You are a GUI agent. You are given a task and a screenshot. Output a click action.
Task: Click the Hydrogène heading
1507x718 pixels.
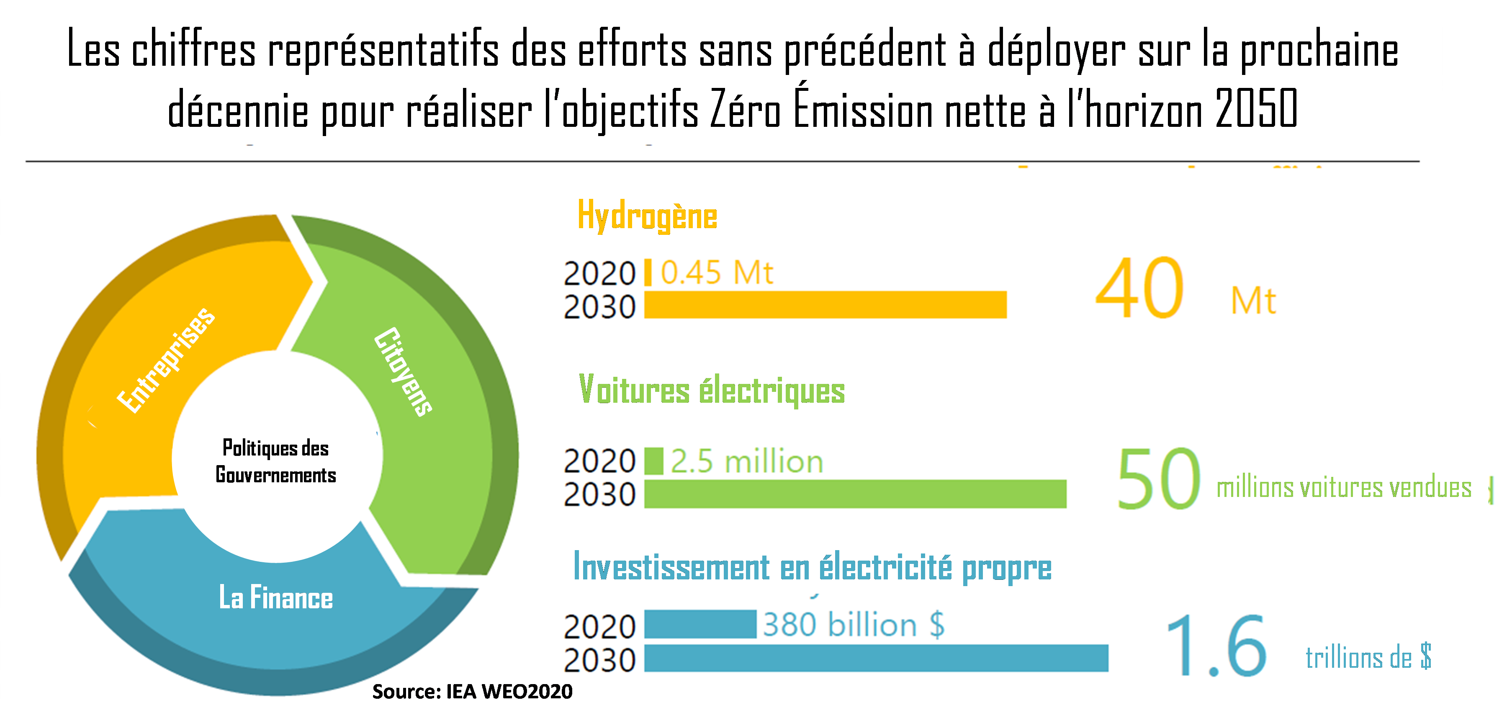(647, 216)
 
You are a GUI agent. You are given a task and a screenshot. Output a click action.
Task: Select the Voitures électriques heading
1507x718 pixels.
(711, 390)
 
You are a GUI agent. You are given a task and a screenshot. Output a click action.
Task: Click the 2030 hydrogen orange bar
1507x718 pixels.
(825, 305)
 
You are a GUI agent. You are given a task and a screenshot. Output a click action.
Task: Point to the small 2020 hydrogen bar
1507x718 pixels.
(648, 273)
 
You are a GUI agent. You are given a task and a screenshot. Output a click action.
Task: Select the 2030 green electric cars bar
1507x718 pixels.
(855, 494)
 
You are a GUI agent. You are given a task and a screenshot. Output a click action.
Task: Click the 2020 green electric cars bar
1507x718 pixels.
(653, 461)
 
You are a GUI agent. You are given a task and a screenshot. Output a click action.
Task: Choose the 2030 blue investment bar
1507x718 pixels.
(876, 658)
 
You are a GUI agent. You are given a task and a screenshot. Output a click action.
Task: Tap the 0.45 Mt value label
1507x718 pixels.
(717, 273)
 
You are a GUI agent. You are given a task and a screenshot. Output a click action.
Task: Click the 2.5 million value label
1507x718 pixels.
(746, 462)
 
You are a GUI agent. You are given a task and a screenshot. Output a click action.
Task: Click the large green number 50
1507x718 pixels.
(1158, 479)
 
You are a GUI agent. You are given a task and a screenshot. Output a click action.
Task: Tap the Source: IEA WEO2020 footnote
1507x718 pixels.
(472, 692)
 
